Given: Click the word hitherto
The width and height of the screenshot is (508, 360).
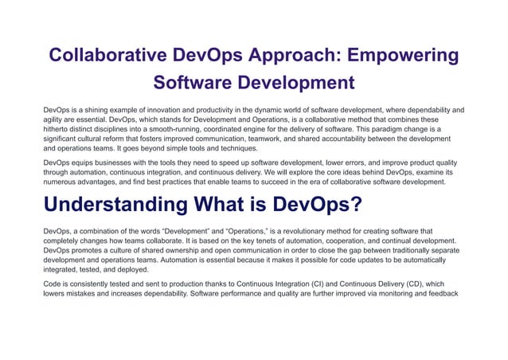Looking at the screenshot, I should click(x=57, y=128).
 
